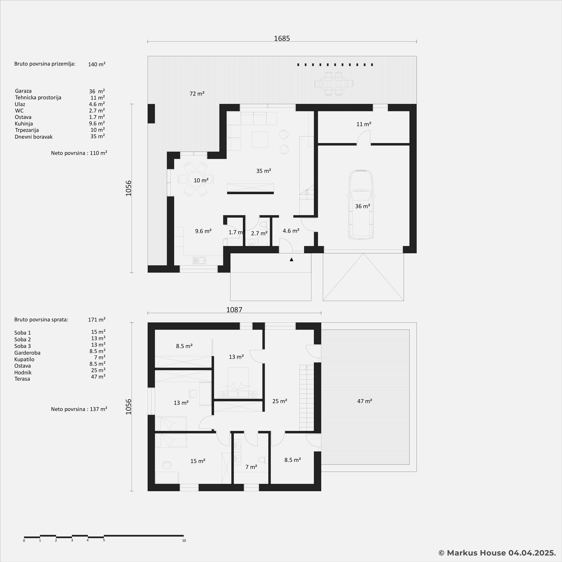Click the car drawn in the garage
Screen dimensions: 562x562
[361, 205]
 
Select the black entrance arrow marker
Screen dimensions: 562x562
[291, 259]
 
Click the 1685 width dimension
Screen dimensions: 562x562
[282, 39]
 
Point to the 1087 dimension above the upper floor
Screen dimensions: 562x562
[234, 310]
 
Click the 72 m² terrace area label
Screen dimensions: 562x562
[197, 94]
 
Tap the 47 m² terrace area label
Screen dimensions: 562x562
[364, 401]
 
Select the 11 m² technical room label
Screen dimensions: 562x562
[364, 124]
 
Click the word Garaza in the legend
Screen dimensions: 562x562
[23, 91]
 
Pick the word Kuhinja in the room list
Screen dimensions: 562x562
[24, 124]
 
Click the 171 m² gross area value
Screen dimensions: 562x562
[97, 320]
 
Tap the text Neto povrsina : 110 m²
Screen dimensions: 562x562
[79, 153]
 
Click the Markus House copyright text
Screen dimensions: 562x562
[497, 553]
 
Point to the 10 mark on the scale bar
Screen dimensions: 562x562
[184, 540]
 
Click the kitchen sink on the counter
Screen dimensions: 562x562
[199, 260]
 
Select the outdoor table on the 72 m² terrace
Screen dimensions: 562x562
[334, 83]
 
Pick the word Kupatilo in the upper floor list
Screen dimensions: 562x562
[24, 360]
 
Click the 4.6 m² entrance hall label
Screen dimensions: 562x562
[291, 231]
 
